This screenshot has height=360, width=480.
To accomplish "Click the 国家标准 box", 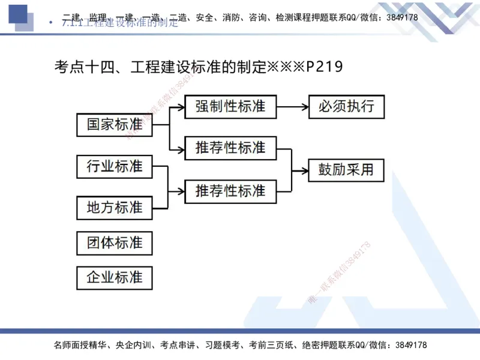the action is pyautogui.click(x=115, y=125).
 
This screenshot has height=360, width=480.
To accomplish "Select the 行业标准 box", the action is pyautogui.click(x=115, y=166).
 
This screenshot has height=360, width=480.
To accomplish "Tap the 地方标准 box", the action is pyautogui.click(x=115, y=208).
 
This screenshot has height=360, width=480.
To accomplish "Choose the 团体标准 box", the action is pyautogui.click(x=115, y=243).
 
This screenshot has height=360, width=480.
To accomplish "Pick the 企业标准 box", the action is pyautogui.click(x=115, y=278).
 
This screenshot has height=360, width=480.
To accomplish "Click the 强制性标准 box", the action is pyautogui.click(x=230, y=107).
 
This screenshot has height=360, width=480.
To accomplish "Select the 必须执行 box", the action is pyautogui.click(x=346, y=107).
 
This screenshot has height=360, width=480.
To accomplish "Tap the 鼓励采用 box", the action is pyautogui.click(x=346, y=170).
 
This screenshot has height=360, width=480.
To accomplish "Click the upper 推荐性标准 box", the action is pyautogui.click(x=230, y=148).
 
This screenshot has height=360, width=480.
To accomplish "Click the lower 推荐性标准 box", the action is pyautogui.click(x=230, y=191).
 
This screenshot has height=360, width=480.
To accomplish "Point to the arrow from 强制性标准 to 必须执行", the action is pyautogui.click(x=292, y=107).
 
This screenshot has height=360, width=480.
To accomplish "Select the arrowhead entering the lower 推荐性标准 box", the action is pyautogui.click(x=181, y=191).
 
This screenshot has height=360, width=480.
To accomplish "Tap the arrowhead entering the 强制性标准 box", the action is pyautogui.click(x=181, y=107).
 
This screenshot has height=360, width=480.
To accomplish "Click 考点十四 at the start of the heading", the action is pyautogui.click(x=79, y=67).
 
